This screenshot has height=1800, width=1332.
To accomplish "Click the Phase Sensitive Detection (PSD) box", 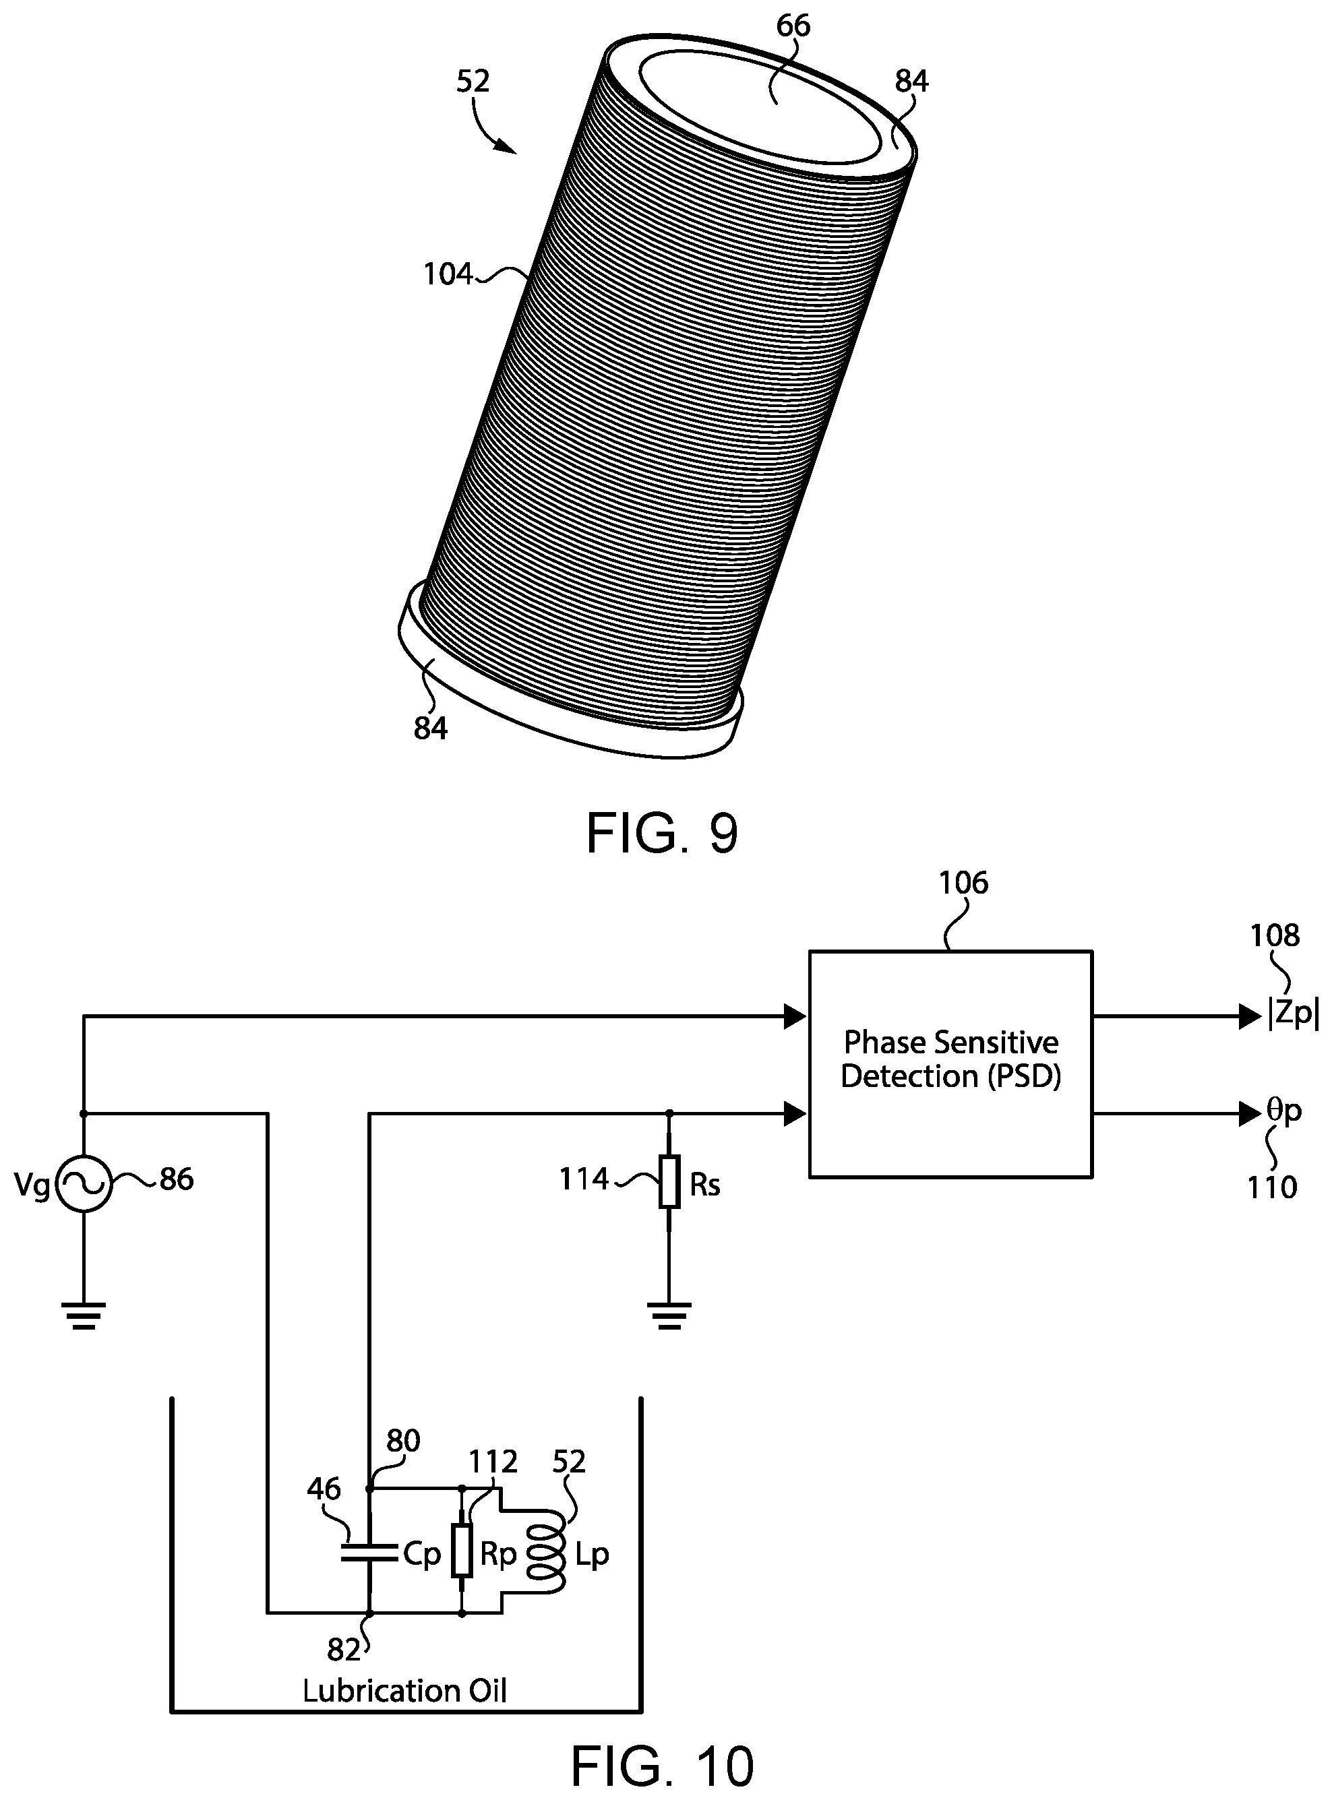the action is (x=950, y=1063).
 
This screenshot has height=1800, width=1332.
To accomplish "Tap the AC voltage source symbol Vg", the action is (x=84, y=1183).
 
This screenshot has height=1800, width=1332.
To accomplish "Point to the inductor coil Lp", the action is (x=545, y=1554).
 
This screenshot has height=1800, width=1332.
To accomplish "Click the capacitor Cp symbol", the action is (x=370, y=1553).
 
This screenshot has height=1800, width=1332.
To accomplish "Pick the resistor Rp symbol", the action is (x=462, y=1549).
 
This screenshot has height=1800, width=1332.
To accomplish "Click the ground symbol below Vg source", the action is (x=84, y=1315).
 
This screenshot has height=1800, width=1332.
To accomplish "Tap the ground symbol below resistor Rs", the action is (x=669, y=1315).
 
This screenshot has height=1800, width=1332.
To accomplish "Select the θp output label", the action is (x=1283, y=1111).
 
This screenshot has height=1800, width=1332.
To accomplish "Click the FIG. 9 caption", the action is (x=662, y=834).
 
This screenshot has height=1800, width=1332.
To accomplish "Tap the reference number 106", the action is (x=963, y=883).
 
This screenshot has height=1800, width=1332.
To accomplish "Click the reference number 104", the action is (x=448, y=275).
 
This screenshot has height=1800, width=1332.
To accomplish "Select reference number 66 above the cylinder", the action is (x=793, y=26).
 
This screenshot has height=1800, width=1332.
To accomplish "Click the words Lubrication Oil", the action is (x=404, y=1690).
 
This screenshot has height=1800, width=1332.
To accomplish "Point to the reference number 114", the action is (x=584, y=1179).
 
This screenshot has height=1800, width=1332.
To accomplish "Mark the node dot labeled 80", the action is (x=370, y=1487).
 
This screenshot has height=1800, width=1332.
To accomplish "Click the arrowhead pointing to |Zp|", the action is (x=1250, y=1016).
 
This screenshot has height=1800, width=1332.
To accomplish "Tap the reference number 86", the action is (x=177, y=1179).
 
